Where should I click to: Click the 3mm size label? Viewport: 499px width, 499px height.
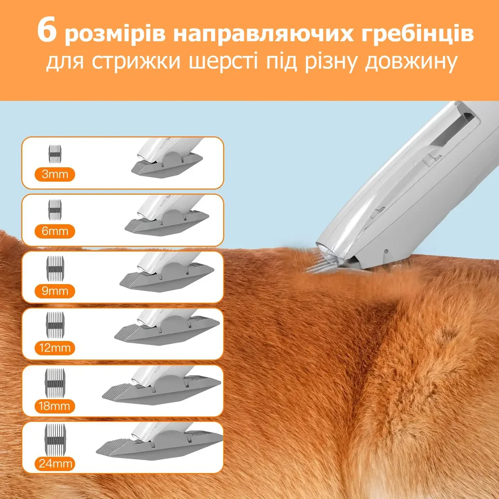coord(55,174)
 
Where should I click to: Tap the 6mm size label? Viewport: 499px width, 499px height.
coord(55,231)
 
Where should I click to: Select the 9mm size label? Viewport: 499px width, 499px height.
coord(55,291)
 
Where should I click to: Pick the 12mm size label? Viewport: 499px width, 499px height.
coord(55,348)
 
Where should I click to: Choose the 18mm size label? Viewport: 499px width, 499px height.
coord(55,405)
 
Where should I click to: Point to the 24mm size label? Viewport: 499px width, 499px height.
coord(55,463)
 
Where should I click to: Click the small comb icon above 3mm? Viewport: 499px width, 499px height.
coord(55,154)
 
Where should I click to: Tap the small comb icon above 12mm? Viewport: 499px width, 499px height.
coord(55,322)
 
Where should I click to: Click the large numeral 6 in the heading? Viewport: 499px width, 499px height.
coord(47,31)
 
